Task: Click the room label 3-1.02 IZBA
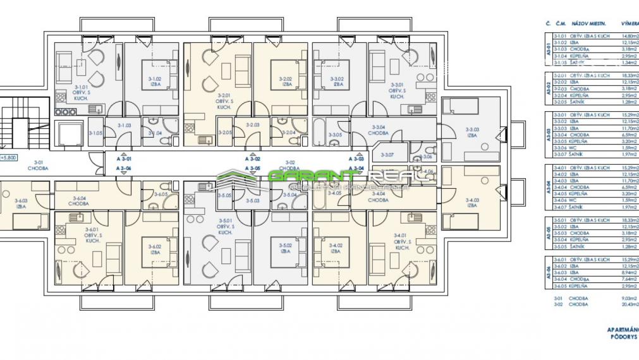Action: [x=154, y=81]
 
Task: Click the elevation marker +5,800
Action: [x=8, y=159]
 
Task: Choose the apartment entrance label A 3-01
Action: [x=124, y=160]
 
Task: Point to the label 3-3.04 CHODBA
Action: [x=380, y=131]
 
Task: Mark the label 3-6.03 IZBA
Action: [x=21, y=203]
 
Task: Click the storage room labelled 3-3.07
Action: [x=387, y=154]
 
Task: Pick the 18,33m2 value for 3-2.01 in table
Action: [x=628, y=75]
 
